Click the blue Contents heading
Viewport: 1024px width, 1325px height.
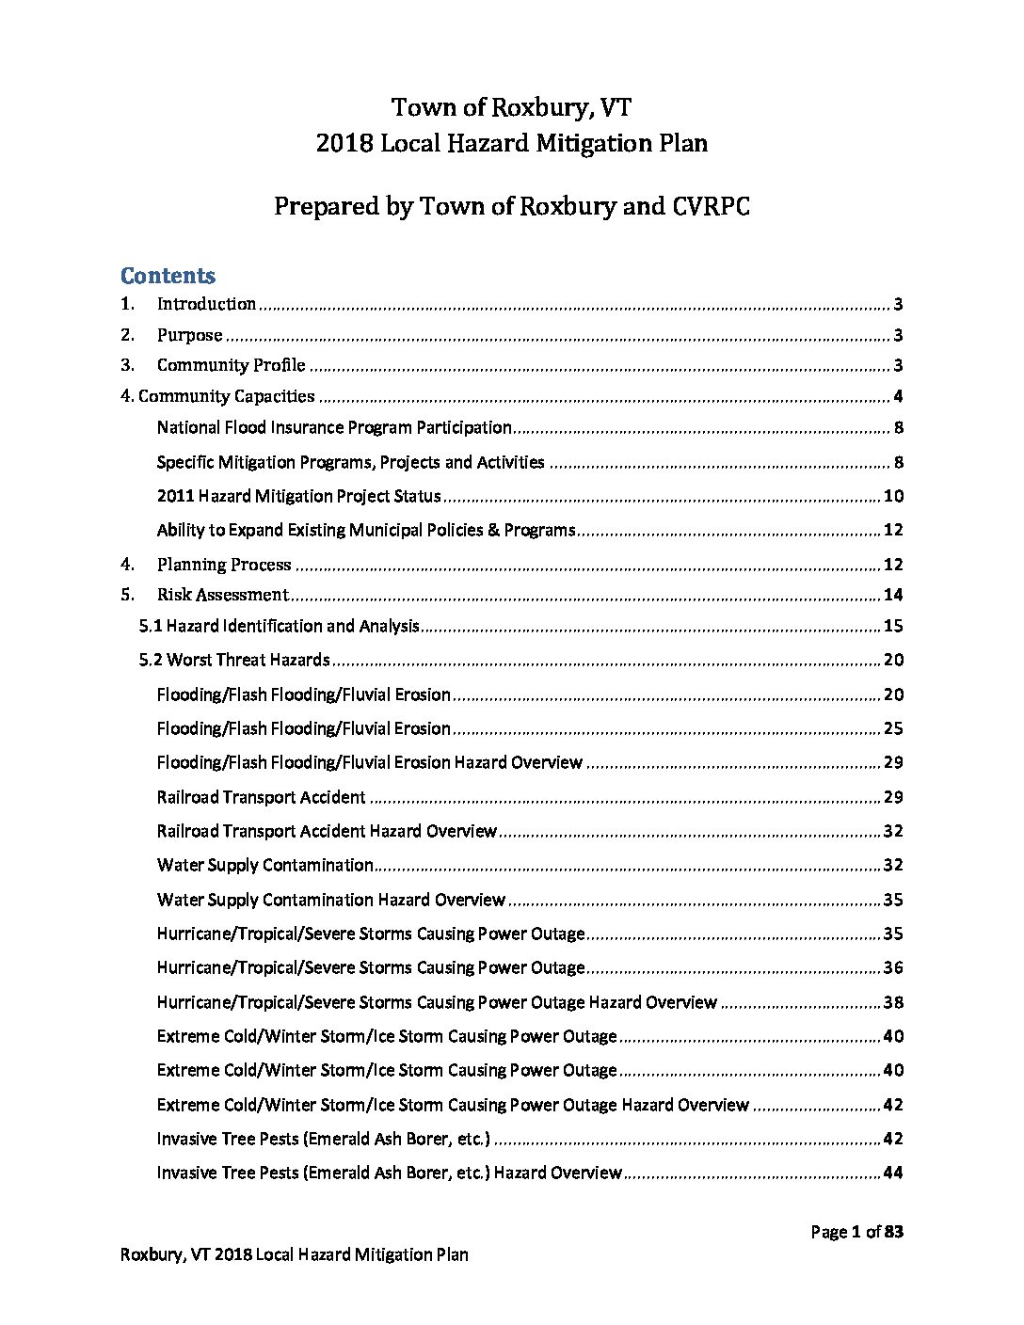[x=168, y=276]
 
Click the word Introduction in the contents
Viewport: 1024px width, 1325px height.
[x=206, y=304]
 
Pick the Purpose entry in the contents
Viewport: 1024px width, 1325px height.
[x=189, y=335]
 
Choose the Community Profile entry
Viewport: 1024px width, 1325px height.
[x=231, y=365]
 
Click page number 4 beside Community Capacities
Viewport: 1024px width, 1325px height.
[x=898, y=396]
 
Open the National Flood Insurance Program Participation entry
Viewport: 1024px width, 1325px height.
[x=334, y=427]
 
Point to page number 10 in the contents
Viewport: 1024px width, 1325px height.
[x=893, y=496]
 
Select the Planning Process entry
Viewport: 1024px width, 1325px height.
[x=224, y=565]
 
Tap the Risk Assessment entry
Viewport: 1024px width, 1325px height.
[x=222, y=595]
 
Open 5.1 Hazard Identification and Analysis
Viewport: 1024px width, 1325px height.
[x=280, y=626]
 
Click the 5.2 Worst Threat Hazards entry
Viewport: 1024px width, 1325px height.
[x=234, y=660]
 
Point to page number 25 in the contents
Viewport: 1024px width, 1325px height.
[x=893, y=728]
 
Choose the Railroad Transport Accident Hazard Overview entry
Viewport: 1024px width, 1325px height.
[x=327, y=831]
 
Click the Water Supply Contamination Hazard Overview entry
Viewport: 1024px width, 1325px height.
[x=331, y=900]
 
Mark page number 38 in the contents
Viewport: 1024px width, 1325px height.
[x=893, y=1002]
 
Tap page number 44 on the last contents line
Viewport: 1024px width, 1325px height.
[x=893, y=1173]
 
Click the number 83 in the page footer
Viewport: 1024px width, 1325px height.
[x=893, y=1232]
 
